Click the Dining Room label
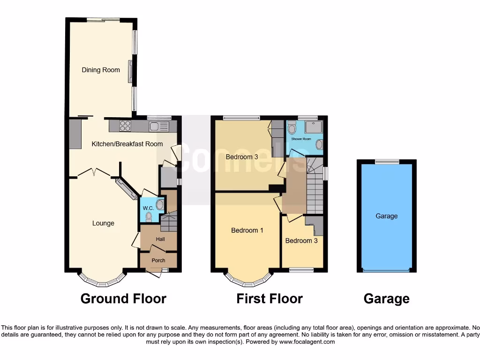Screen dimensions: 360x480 101,70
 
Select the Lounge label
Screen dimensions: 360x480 103,223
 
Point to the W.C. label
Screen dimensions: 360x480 148,208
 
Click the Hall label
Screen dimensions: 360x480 160,239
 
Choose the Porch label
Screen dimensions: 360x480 158,260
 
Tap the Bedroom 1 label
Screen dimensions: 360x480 247,230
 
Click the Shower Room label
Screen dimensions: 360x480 301,139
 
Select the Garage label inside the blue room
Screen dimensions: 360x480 386,216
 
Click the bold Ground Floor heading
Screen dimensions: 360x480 123,299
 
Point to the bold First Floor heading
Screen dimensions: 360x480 270,299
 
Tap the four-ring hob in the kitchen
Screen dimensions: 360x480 126,126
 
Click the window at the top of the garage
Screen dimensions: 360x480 387,162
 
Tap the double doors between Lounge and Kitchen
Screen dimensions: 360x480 95,173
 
